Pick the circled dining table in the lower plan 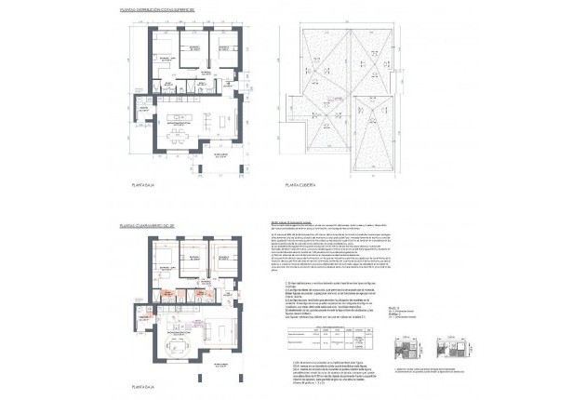coord(174,346)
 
